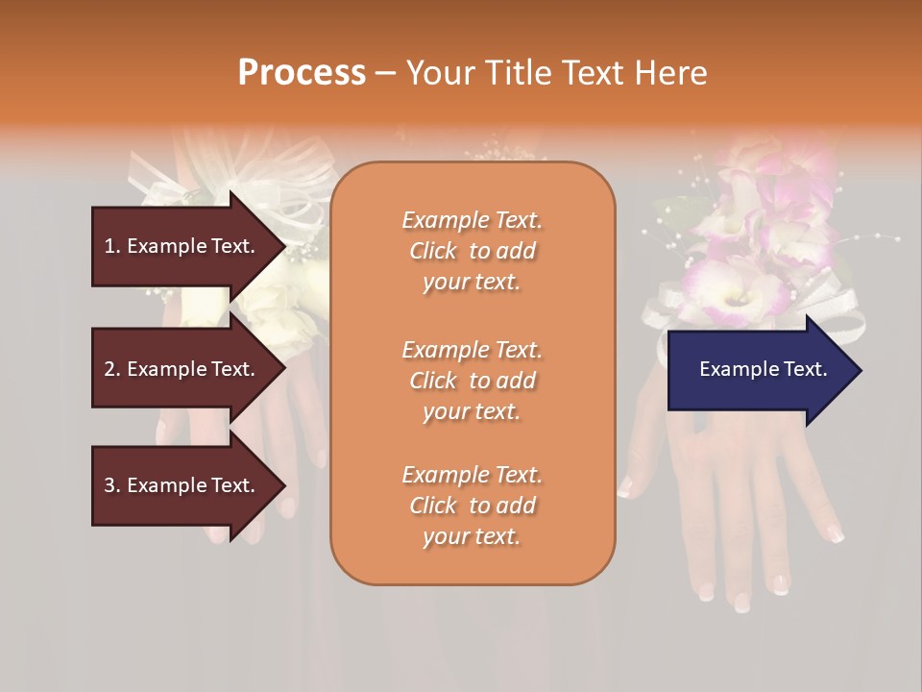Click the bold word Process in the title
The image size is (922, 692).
302,73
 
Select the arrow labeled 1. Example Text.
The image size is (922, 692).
182,246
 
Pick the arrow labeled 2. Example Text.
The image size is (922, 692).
182,369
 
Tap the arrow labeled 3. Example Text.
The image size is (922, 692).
182,485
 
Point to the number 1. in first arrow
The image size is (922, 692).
112,246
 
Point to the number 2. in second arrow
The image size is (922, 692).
112,369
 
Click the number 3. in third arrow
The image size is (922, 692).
112,485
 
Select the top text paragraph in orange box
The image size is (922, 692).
472,251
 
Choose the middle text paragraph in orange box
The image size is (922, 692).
472,381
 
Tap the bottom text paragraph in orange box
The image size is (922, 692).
472,506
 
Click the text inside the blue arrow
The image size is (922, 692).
763,369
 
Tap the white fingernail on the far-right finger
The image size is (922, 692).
836,535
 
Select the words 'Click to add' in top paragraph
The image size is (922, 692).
472,251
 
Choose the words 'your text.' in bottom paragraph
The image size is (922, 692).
472,536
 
